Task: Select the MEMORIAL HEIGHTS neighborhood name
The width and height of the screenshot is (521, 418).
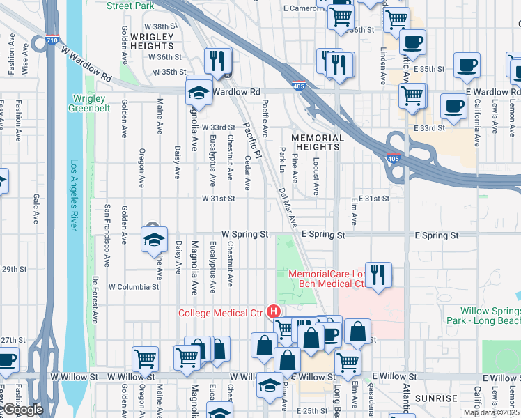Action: pos(318,143)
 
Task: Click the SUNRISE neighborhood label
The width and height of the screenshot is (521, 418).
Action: pos(435,398)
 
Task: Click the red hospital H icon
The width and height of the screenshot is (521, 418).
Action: pos(274,312)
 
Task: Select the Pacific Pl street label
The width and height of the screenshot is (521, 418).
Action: pos(251,139)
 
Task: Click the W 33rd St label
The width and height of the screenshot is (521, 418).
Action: pos(219,127)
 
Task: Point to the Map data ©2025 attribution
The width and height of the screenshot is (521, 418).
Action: pos(491,412)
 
